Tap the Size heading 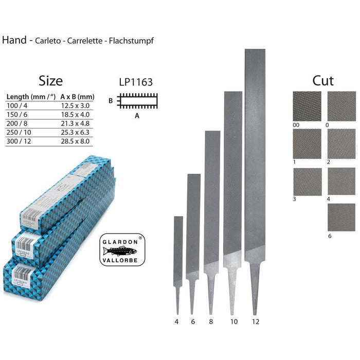(50, 81)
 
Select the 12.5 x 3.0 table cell (75, 105)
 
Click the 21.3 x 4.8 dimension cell (75, 123)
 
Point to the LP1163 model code (135, 82)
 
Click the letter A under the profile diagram (137, 116)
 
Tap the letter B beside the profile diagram (111, 101)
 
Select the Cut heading (323, 81)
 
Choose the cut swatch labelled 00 (307, 106)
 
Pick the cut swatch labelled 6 (341, 218)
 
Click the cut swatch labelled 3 (307, 182)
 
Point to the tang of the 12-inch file (255, 288)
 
